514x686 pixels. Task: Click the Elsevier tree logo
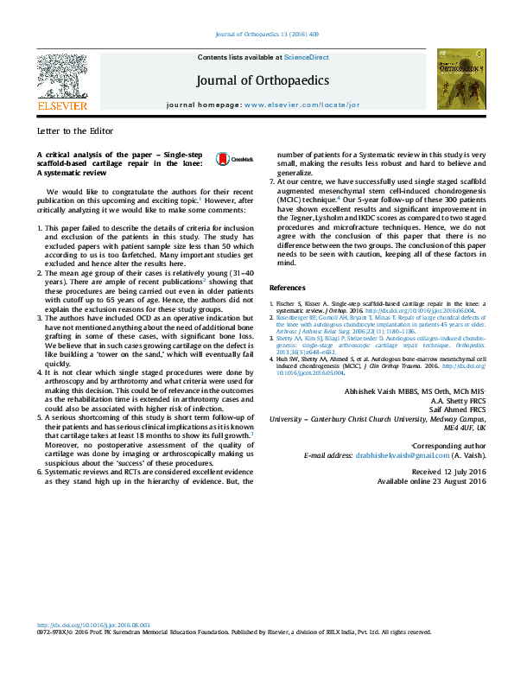click(61, 75)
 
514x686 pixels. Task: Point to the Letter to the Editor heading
click(68, 132)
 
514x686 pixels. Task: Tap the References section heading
click(288, 287)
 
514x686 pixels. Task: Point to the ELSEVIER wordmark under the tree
click(61, 105)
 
